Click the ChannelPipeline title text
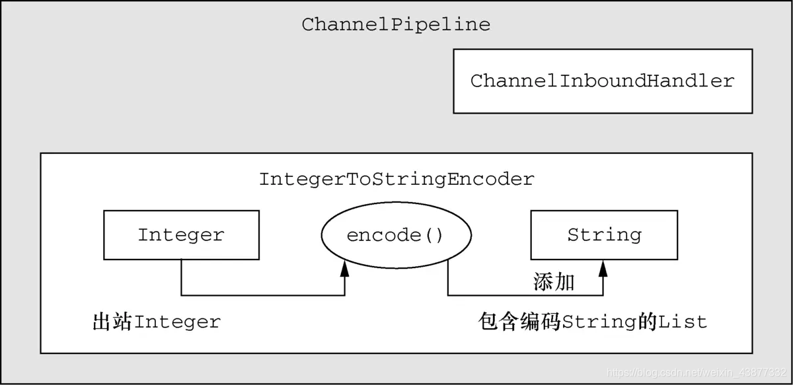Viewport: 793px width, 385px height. [396, 25]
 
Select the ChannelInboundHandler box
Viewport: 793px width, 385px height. [602, 81]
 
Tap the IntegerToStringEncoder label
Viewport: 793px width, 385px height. [396, 179]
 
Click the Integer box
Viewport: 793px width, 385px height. [181, 235]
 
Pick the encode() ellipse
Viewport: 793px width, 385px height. [396, 235]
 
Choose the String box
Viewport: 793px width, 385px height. [604, 235]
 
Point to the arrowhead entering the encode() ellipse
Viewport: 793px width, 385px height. [344, 267]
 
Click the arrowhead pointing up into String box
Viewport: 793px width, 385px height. [603, 267]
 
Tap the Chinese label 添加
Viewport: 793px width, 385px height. [554, 283]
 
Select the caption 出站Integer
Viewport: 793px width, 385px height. [157, 322]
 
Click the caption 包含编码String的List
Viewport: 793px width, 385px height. [593, 322]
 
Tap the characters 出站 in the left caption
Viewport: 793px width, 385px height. [113, 322]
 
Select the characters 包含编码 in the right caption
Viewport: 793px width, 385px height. [519, 322]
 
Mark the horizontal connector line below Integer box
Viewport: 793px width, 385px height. [263, 295]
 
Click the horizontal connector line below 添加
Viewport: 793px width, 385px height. [525, 295]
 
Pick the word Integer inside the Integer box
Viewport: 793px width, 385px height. [181, 235]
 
